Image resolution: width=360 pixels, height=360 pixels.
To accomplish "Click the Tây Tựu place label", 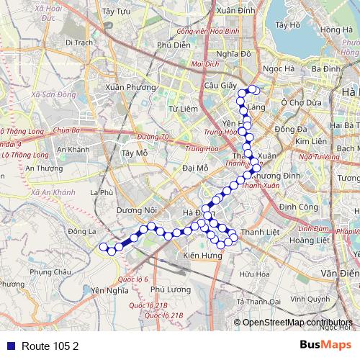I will point(115,12).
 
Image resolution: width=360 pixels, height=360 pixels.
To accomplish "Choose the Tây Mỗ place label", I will point(135,153).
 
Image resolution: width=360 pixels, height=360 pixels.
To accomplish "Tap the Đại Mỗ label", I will point(195,168).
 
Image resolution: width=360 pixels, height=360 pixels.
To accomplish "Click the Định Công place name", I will point(298,207).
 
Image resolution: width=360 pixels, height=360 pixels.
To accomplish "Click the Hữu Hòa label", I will point(255,274).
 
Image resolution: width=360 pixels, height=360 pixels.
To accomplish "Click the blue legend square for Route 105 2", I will point(7,345).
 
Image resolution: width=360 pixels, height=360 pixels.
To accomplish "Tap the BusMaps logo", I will point(325,345).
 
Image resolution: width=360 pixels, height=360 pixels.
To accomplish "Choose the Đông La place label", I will point(81,232).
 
